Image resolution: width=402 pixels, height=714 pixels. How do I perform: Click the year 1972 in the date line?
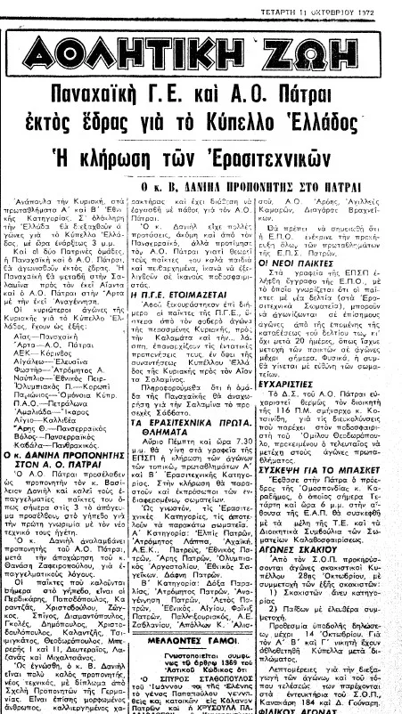(x=384, y=7)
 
